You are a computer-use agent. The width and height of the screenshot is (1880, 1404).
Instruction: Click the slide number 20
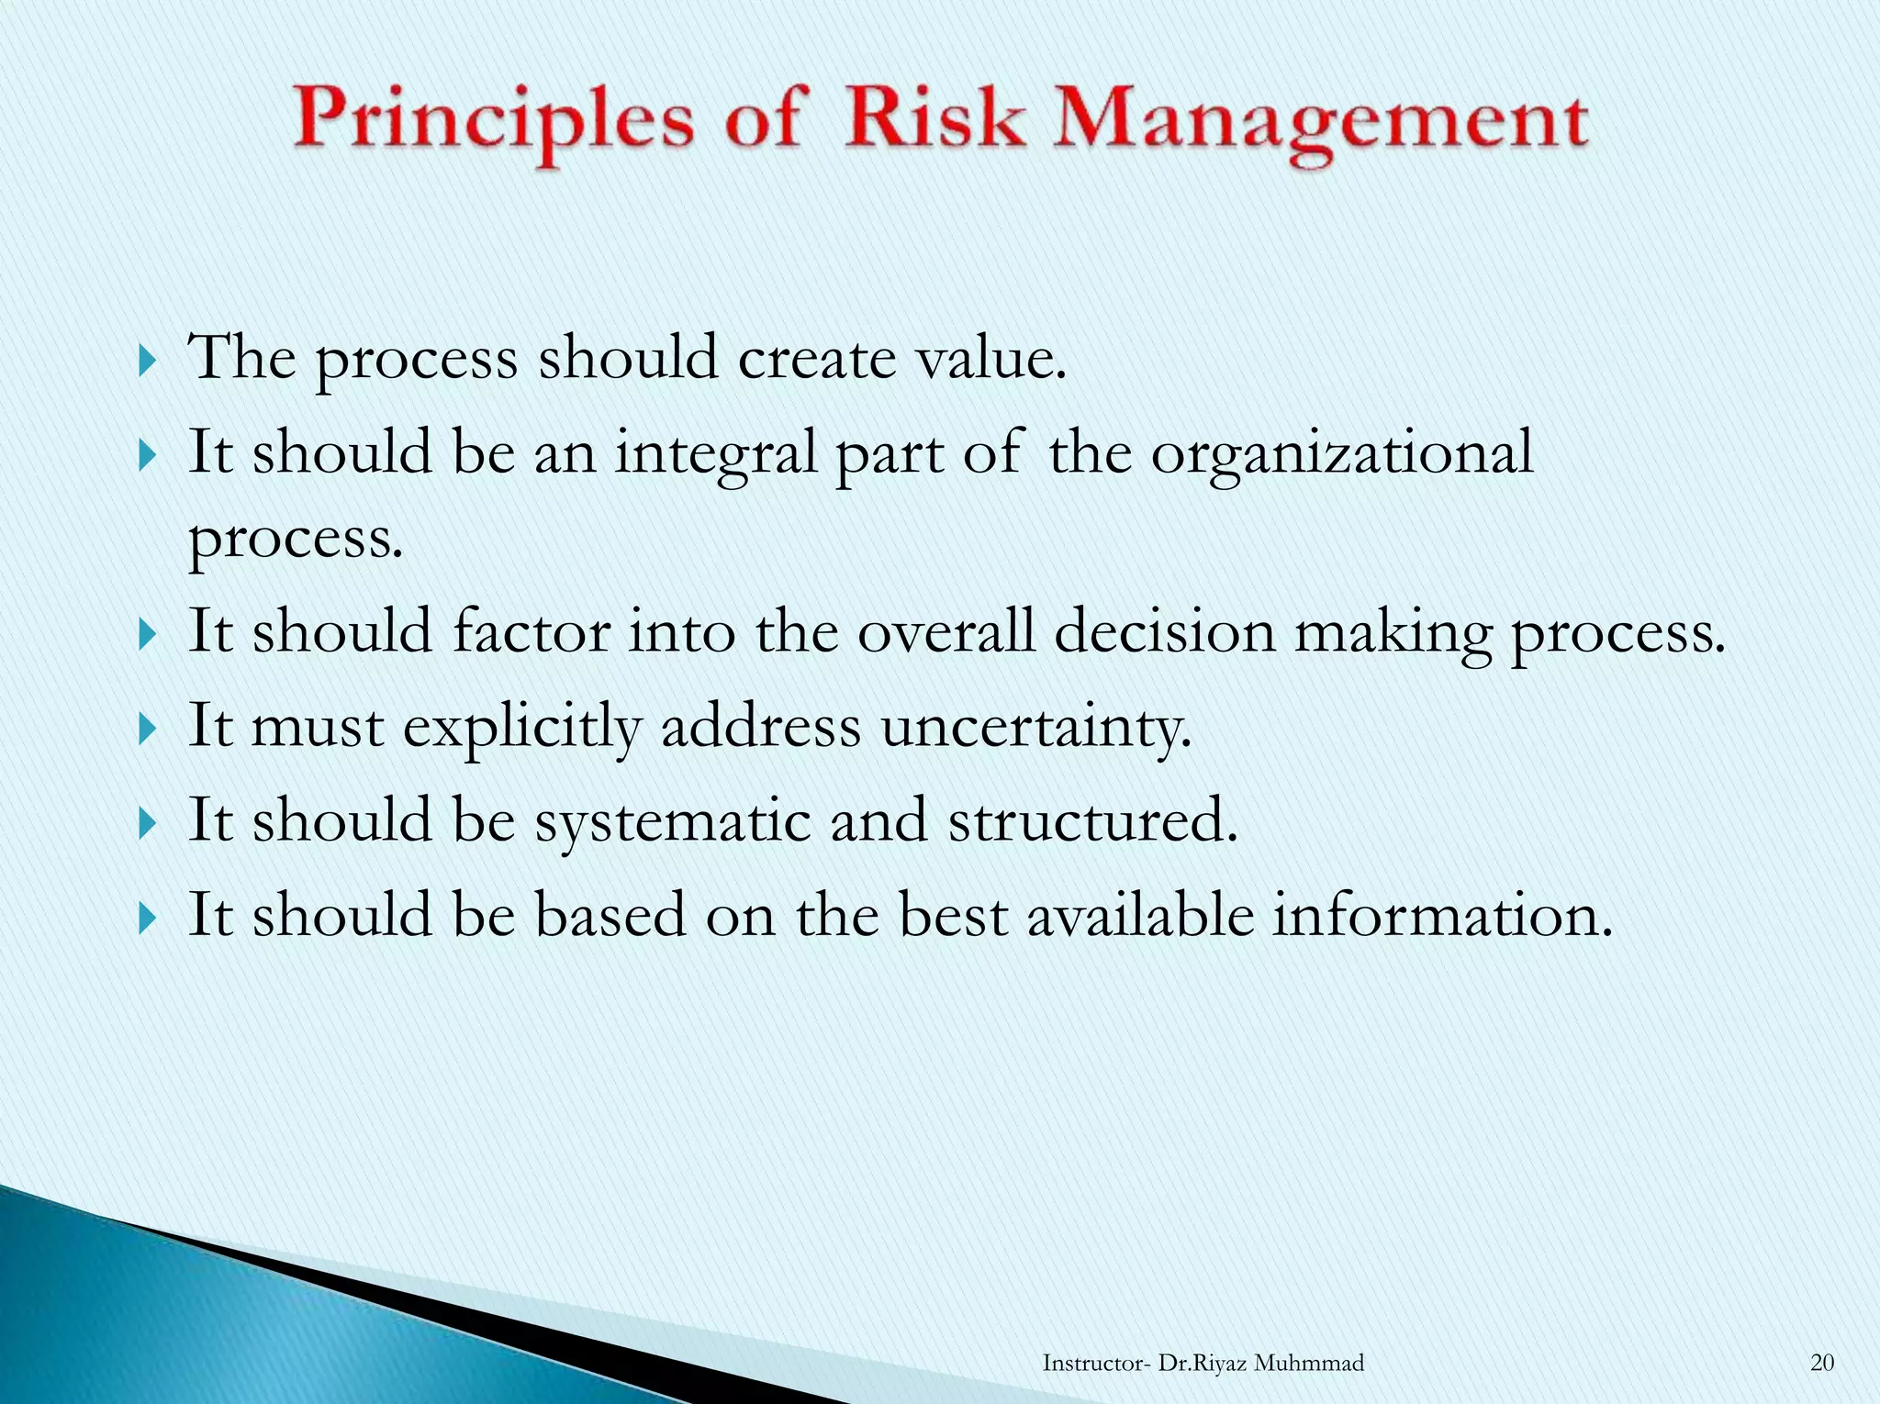click(1822, 1363)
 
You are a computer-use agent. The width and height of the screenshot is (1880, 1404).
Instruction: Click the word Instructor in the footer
click(1092, 1363)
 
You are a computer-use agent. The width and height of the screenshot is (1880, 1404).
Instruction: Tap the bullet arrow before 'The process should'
click(147, 361)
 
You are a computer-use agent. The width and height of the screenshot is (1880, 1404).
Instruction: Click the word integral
click(715, 454)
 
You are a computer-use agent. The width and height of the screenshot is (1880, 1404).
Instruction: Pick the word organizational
click(1341, 454)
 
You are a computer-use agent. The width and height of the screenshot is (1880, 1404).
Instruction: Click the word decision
click(1164, 632)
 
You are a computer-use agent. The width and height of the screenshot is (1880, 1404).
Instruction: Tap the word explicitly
click(522, 728)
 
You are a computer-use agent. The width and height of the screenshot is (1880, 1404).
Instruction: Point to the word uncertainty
click(1035, 728)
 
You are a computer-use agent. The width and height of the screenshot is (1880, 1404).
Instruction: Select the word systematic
click(673, 821)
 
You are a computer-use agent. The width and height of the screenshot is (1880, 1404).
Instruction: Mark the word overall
click(946, 632)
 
